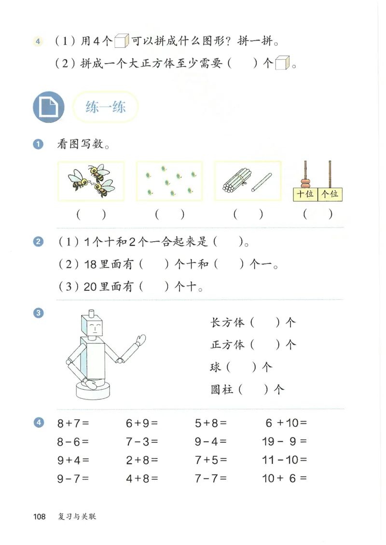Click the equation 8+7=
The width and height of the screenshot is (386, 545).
[x=73, y=423]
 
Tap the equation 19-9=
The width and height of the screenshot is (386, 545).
[x=285, y=441]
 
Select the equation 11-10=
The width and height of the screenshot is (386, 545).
[x=285, y=460]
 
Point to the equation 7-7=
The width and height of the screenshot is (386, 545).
[x=211, y=478]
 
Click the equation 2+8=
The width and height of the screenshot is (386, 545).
[x=142, y=460]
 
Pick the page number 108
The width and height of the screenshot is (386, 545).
[x=39, y=517]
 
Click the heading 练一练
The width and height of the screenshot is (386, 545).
[x=105, y=107]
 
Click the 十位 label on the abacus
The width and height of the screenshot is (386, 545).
[x=305, y=194]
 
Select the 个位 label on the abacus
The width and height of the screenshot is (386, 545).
[x=330, y=194]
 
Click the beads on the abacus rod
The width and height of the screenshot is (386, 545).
[x=305, y=183]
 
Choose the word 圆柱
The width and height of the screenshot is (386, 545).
[x=222, y=389]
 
